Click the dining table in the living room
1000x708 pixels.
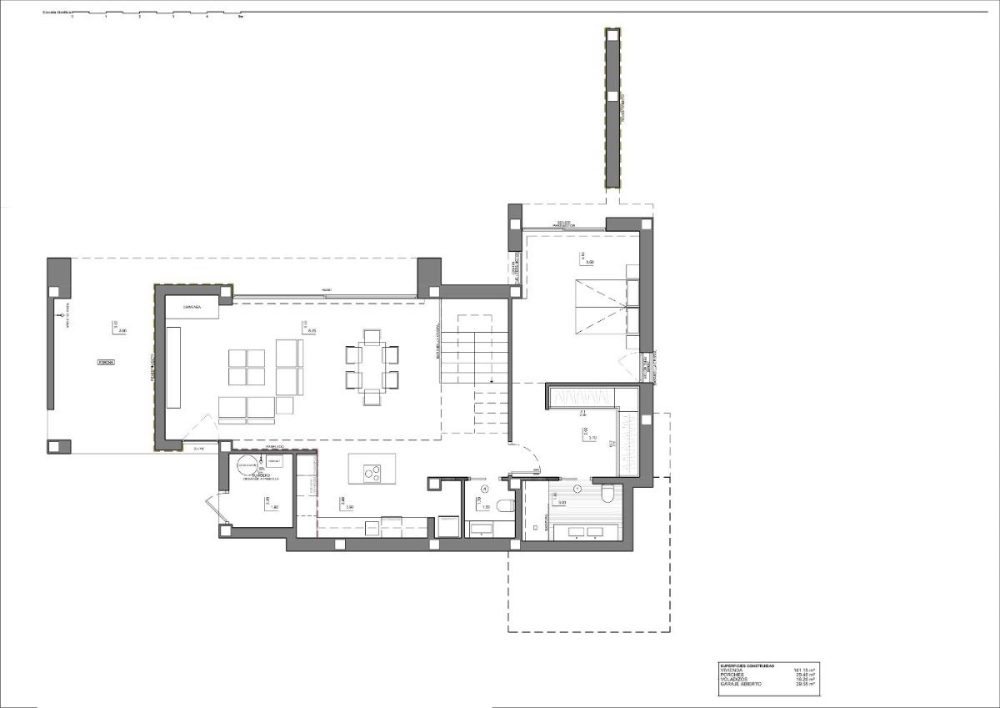(372, 366)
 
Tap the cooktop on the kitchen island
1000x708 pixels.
(372, 473)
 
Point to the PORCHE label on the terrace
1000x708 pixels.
(106, 363)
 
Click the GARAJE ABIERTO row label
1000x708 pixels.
(740, 684)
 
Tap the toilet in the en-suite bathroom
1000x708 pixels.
(607, 495)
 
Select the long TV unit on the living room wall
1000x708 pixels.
(173, 367)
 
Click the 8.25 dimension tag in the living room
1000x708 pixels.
(312, 331)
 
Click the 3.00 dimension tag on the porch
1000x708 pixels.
(122, 331)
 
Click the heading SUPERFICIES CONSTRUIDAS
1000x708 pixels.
(747, 665)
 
